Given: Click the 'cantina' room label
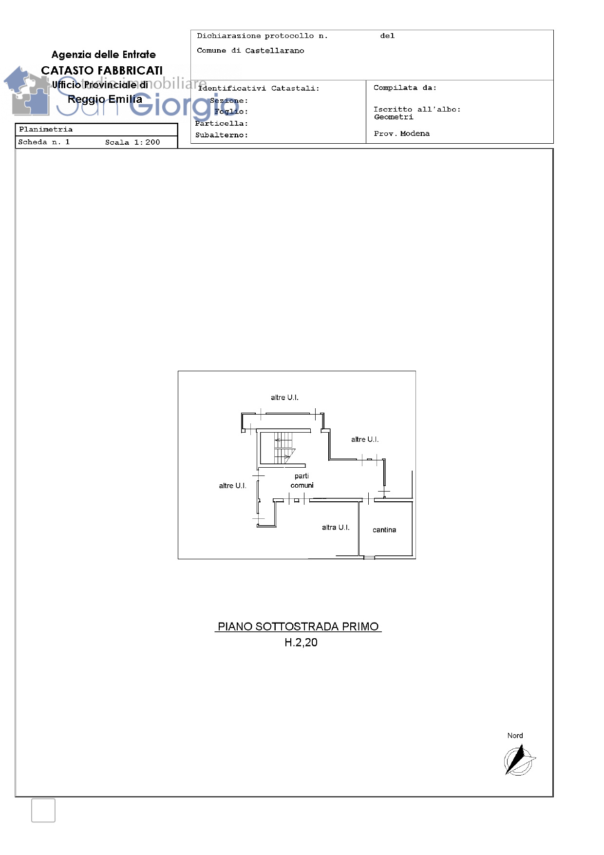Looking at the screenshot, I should [384, 530].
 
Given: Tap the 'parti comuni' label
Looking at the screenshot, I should [302, 481].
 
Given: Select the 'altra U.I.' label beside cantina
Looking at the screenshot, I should [336, 528].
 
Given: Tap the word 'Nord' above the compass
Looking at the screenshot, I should [515, 736].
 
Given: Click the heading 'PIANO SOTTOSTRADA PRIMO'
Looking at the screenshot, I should [298, 627].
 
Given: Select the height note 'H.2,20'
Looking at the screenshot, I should [301, 643].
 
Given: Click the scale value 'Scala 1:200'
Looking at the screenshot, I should [132, 142].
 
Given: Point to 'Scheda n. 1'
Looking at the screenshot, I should [44, 142].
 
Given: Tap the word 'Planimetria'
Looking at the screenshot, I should [46, 130].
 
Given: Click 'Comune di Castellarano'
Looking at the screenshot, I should [250, 51].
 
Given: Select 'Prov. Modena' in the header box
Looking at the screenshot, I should [402, 133].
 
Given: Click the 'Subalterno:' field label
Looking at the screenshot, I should [222, 135].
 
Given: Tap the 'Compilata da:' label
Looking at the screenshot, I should [405, 88].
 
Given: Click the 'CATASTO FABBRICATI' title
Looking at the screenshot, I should [102, 71].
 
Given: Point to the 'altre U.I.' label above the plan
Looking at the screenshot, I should [284, 398].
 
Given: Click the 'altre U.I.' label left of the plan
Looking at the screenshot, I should [232, 486].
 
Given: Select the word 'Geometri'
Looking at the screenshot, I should [394, 117].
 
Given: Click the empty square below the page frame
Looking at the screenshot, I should [43, 810].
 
